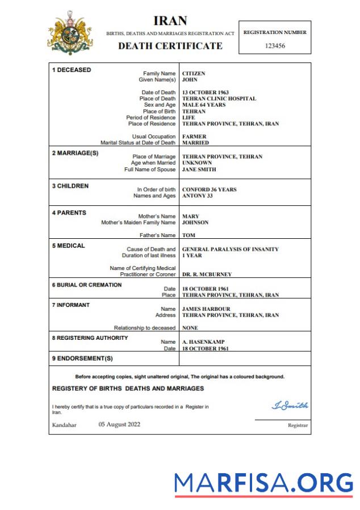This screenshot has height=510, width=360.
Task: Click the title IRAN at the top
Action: tap(170, 20)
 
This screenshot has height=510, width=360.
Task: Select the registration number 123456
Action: tap(275, 45)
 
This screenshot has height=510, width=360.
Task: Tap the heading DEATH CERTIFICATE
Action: tap(170, 46)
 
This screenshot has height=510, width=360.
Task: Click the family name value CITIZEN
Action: tap(194, 74)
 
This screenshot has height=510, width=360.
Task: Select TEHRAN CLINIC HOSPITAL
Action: tap(219, 99)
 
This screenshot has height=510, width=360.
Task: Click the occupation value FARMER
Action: tap(194, 137)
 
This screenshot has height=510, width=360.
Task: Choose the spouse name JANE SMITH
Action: tap(199, 169)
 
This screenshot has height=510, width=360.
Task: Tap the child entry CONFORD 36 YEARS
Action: tap(209, 189)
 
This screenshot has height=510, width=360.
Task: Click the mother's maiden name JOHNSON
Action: tap(196, 222)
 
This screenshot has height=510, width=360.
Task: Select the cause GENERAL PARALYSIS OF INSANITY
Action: tap(230, 249)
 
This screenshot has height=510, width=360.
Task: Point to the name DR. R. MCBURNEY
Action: tap(207, 275)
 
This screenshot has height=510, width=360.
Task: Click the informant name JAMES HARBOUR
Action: tap(206, 309)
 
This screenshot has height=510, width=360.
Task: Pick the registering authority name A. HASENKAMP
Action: tap(203, 342)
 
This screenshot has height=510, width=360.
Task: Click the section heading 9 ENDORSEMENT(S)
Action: tap(82, 359)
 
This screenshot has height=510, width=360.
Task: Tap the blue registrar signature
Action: tap(290, 405)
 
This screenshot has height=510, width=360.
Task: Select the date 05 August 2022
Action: tap(119, 424)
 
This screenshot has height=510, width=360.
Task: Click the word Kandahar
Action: tap(64, 425)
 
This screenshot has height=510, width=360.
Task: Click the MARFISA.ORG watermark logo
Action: tap(263, 483)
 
